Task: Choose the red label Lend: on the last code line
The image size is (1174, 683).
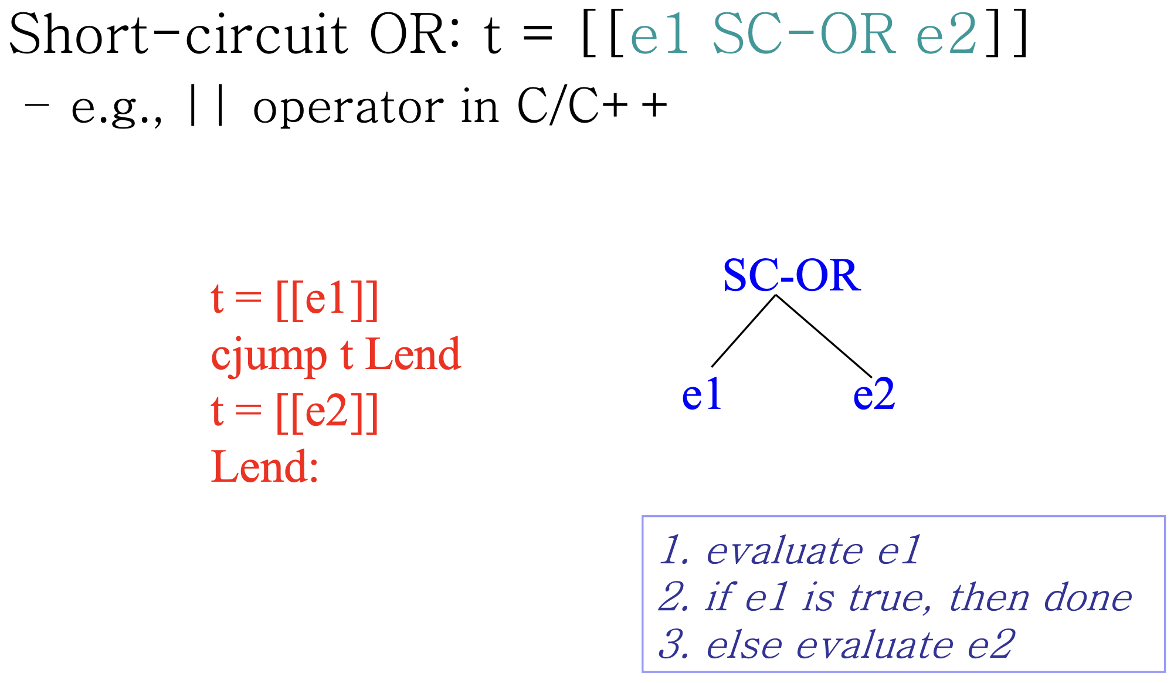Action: tap(264, 468)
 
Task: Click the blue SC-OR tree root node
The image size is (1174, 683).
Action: tap(792, 275)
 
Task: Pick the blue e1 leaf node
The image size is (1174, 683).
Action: tap(701, 394)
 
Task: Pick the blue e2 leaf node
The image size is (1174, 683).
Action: tap(874, 394)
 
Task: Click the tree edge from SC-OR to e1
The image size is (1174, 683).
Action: tap(744, 331)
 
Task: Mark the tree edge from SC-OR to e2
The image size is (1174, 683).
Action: tap(824, 336)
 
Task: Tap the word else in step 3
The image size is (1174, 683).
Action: tap(744, 645)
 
